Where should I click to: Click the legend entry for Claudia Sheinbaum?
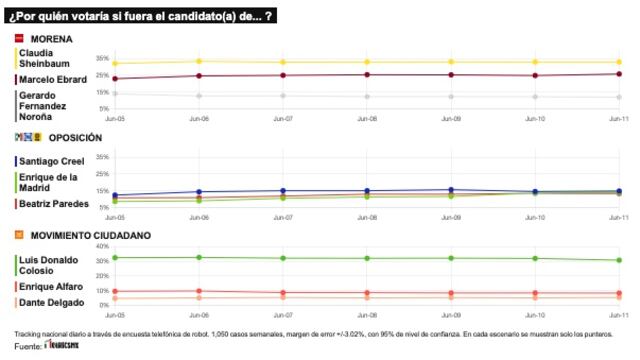coord(46,58)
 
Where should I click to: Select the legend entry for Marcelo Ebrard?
coord(53,79)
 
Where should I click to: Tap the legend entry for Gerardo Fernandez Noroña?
coord(46,105)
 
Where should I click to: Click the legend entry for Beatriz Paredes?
coord(52,203)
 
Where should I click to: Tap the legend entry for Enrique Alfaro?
coord(50,286)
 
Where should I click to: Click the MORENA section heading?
coord(51,39)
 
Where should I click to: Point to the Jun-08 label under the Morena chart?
coord(367,118)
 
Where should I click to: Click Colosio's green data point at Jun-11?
coord(619,260)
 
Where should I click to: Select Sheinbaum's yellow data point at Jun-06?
coord(199,61)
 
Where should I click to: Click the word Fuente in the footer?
coord(27,347)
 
